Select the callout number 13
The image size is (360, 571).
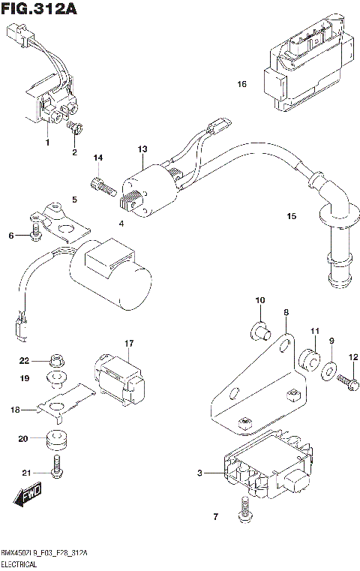pos(142,150)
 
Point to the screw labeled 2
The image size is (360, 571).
pos(75,133)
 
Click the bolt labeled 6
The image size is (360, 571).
pos(35,236)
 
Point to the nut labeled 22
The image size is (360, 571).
pos(54,360)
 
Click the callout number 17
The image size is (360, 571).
pos(128,344)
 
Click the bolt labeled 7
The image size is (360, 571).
pos(242,515)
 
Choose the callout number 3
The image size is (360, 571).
pos(199,473)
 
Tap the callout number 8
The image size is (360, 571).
pos(286,311)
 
